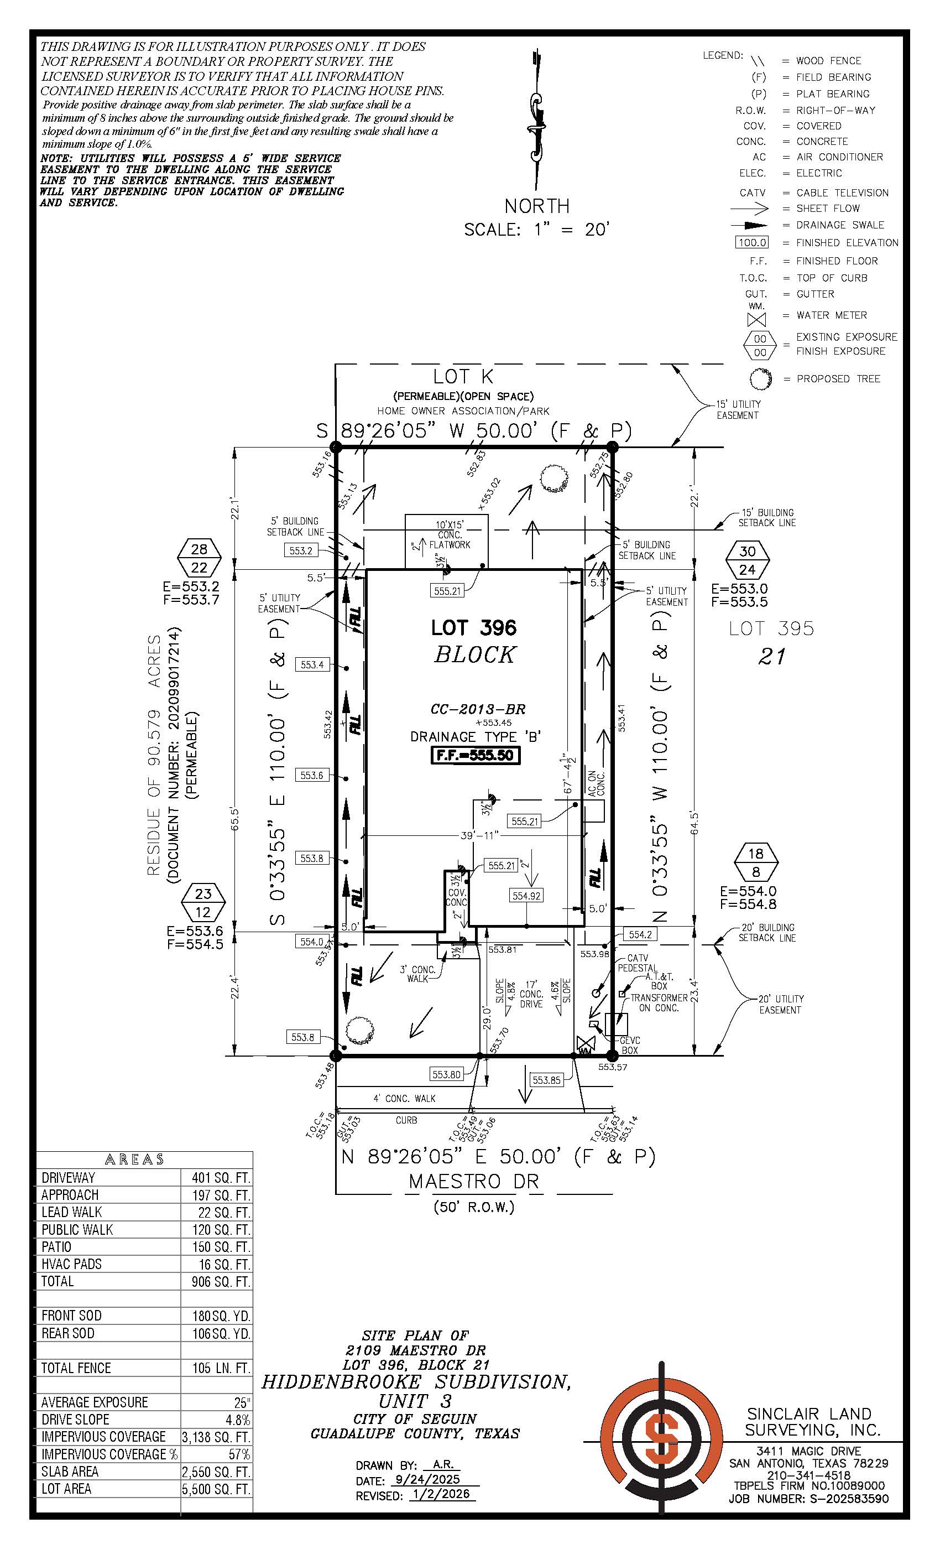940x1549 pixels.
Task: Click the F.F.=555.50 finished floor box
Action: pos(476,755)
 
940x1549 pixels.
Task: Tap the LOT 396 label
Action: pos(473,627)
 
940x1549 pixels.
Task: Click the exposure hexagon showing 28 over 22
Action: pos(199,558)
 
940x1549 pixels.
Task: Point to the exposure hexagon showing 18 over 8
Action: pos(756,862)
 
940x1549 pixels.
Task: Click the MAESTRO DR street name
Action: pos(474,1182)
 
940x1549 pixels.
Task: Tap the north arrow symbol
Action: pos(536,119)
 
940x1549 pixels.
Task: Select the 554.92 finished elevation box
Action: pos(526,896)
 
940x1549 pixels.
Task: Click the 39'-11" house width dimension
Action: pos(479,835)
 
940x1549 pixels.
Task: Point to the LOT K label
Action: pos(463,377)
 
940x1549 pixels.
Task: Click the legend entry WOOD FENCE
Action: pos(828,61)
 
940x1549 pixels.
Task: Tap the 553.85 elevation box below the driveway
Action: pos(546,1080)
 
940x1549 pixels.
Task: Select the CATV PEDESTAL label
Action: pos(637,963)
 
